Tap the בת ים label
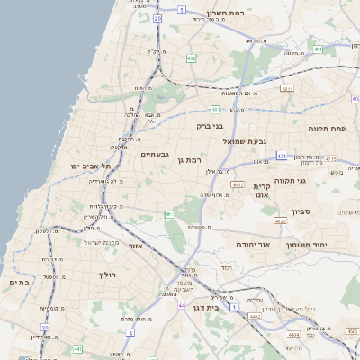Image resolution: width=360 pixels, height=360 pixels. tap(19, 283)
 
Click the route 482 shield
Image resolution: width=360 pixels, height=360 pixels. tap(192, 58)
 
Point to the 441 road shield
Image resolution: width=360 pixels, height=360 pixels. tap(77, 348)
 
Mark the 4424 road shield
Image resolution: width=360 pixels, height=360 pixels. tap(293, 335)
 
